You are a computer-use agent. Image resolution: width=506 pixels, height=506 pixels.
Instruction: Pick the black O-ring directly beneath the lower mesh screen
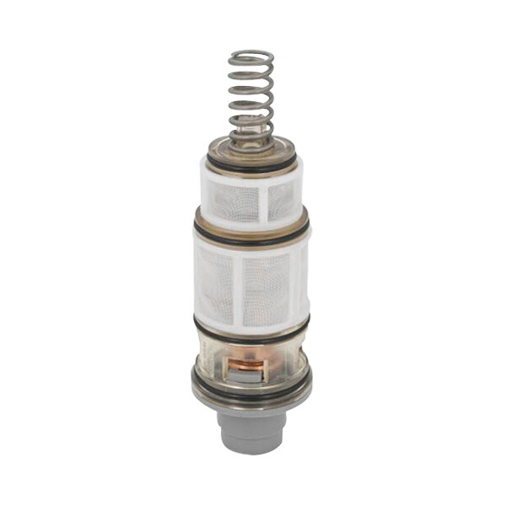250,331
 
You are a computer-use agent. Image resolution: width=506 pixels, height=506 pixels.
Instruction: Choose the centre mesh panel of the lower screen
264,287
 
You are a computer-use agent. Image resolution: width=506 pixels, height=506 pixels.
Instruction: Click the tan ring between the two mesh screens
250,222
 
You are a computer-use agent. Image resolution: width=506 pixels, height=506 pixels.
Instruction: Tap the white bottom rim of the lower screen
250,322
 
